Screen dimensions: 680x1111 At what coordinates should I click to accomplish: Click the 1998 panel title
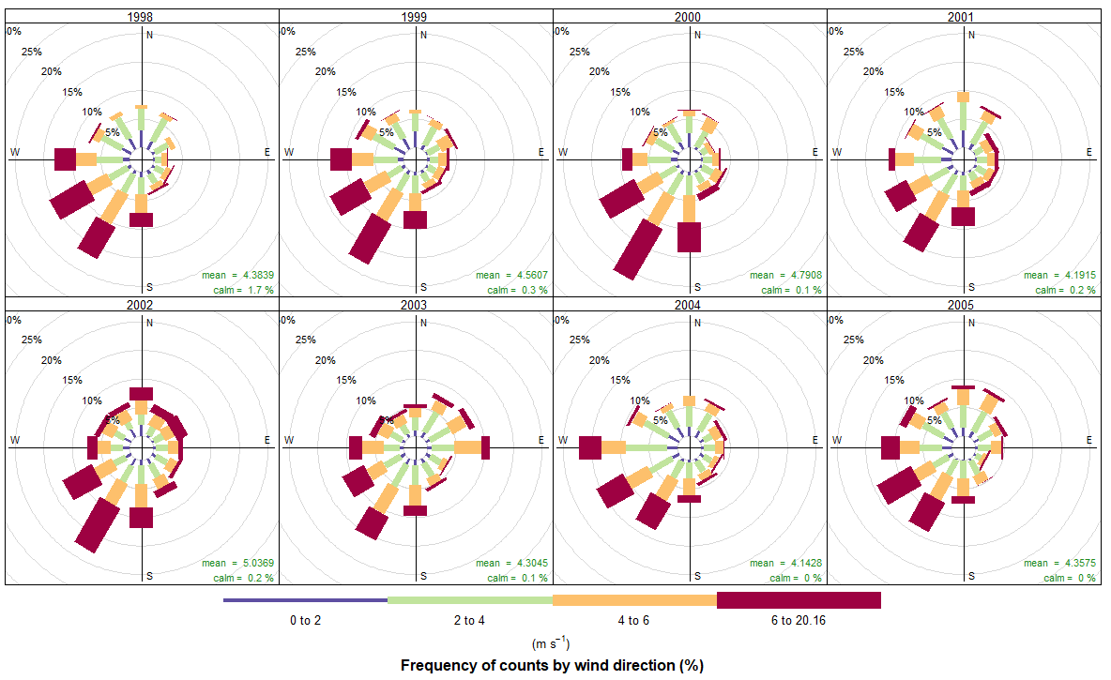(142, 17)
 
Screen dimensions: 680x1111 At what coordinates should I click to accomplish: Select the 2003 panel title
(416, 305)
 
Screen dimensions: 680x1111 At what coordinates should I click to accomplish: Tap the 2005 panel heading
(964, 305)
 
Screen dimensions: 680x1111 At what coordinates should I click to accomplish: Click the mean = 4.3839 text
(237, 276)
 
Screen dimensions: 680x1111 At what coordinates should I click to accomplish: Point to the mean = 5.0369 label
(237, 564)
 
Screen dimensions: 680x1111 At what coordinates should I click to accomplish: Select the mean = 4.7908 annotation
(785, 276)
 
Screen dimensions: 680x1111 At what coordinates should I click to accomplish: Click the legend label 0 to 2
(305, 621)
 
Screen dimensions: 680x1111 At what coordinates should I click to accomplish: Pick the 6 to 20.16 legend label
(799, 621)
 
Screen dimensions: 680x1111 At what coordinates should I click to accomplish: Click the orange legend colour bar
(634, 600)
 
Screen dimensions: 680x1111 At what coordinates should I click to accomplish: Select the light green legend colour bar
(469, 600)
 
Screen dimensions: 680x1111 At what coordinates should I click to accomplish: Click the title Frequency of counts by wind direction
(552, 666)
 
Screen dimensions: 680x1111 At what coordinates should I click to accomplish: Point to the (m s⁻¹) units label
(551, 643)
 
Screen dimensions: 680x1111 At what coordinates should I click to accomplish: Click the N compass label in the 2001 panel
(972, 36)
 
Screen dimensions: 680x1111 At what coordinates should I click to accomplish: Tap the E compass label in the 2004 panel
(814, 440)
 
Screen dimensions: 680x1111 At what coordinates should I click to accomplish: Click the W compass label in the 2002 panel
(15, 440)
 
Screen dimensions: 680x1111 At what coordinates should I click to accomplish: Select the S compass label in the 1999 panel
(423, 286)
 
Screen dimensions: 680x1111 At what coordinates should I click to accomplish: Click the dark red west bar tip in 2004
(590, 448)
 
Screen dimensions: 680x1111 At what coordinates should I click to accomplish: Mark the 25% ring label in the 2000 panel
(580, 52)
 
